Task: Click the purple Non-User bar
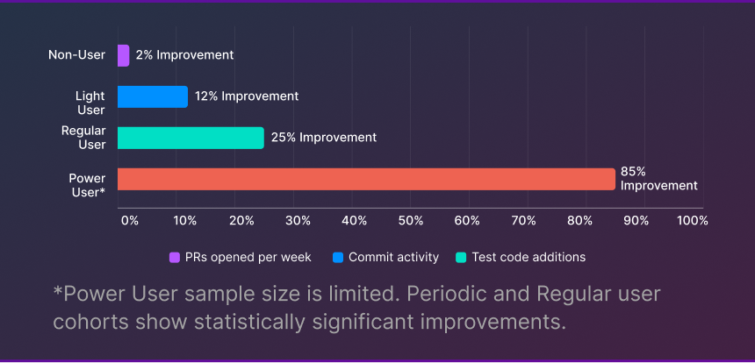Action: click(x=123, y=55)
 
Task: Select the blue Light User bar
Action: click(x=152, y=96)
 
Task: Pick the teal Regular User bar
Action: click(x=191, y=138)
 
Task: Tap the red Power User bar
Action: click(x=366, y=179)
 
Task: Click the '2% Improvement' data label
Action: click(x=184, y=55)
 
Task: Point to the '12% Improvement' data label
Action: click(x=247, y=96)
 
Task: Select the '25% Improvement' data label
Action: click(x=324, y=138)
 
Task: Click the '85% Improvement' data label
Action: click(x=658, y=179)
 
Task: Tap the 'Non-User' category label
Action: click(x=77, y=55)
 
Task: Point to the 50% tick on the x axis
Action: click(x=411, y=221)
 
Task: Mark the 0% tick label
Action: click(x=129, y=221)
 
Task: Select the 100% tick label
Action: click(x=693, y=221)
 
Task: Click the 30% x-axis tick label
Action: click(x=298, y=221)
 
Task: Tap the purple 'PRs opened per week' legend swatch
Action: click(x=175, y=258)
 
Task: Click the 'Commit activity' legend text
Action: click(x=393, y=258)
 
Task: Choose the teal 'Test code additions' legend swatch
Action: click(x=461, y=258)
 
